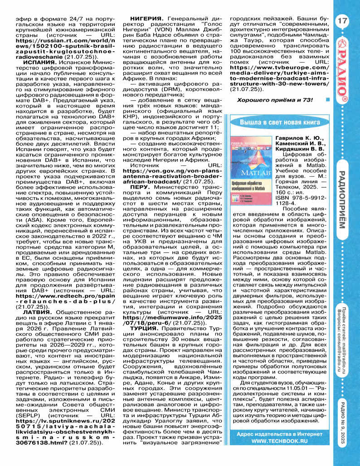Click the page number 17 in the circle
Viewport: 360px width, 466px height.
click(342, 21)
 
